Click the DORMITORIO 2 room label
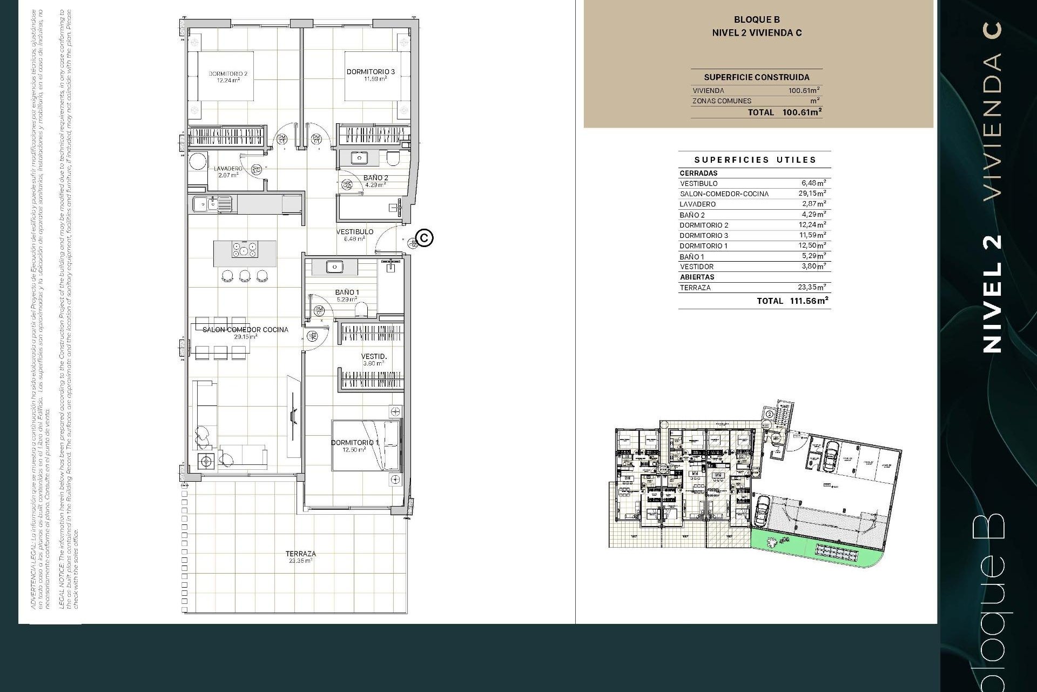[228, 74]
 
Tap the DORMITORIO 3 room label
[371, 71]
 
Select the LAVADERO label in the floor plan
[228, 169]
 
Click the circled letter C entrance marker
[425, 238]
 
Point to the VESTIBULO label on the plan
[355, 232]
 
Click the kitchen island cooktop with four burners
[245, 250]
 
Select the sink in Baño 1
[335, 267]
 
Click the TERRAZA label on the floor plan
[300, 554]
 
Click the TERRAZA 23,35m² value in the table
[812, 288]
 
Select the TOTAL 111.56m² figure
[809, 301]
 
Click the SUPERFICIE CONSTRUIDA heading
[756, 77]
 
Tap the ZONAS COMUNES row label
[722, 101]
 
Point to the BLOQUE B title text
[757, 20]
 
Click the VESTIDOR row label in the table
[697, 267]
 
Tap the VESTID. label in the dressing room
[374, 357]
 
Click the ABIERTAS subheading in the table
[697, 277]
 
